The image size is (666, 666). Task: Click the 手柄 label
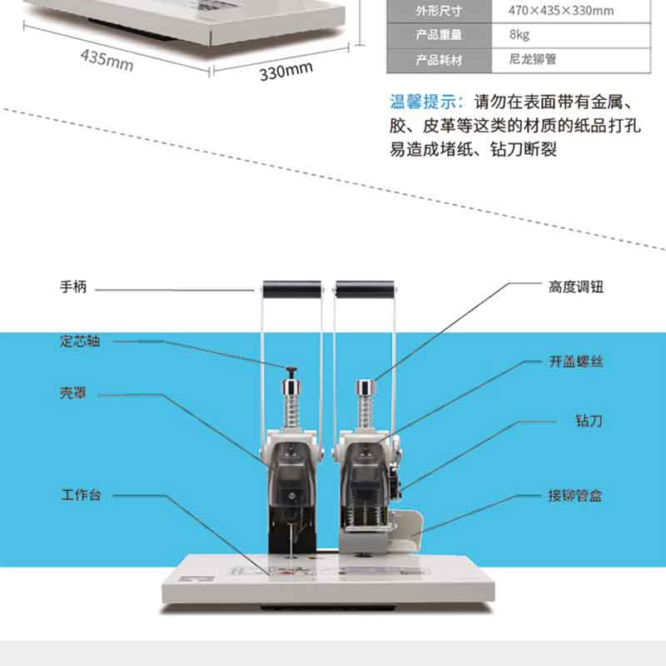(x=73, y=287)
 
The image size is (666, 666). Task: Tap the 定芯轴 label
(x=80, y=340)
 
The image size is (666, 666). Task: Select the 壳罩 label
(x=73, y=393)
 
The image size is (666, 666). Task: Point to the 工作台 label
(x=81, y=495)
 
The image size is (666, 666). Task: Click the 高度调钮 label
(x=576, y=287)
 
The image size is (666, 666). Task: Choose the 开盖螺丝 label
(x=576, y=361)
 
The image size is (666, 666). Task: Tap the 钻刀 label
(x=589, y=420)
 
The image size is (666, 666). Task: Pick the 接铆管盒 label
(x=575, y=495)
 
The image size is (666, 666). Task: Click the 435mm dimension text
(x=107, y=60)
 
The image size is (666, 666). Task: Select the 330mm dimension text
(x=286, y=71)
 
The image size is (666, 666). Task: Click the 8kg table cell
(x=519, y=34)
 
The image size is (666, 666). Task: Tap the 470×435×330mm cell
(x=561, y=10)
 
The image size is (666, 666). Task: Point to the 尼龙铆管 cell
(x=533, y=59)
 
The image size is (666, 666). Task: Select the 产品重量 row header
(x=439, y=34)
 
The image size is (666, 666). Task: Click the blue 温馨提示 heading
(x=424, y=102)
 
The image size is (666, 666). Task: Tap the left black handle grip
(x=292, y=289)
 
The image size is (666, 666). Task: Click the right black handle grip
(x=365, y=289)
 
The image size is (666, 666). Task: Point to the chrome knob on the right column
(x=365, y=388)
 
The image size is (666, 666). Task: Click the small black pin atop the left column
(x=292, y=372)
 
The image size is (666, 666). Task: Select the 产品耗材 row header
(x=439, y=60)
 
